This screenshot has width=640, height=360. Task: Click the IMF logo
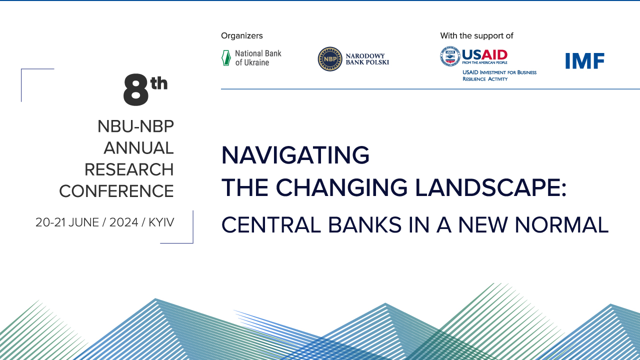[x=585, y=61]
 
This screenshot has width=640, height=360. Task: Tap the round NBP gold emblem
[x=330, y=59]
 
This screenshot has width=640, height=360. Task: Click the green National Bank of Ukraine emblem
[x=226, y=58]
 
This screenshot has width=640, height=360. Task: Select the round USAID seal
[x=450, y=56]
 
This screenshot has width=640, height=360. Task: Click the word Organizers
[x=241, y=35]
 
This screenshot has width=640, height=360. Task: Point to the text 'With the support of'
[x=476, y=35]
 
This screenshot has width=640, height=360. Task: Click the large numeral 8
[x=136, y=89]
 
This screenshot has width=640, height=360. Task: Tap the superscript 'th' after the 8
[x=159, y=83]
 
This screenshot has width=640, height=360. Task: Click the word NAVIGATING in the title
[x=295, y=155]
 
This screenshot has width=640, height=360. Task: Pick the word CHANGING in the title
[x=341, y=187]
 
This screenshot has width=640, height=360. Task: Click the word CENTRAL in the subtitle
[x=271, y=225]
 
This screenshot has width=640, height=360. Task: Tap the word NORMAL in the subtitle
[x=561, y=225]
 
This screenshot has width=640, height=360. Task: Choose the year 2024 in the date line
[x=123, y=222]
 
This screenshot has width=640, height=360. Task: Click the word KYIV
[x=161, y=222]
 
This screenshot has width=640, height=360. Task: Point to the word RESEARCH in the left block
[x=129, y=169]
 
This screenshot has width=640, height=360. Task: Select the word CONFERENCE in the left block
[x=116, y=191]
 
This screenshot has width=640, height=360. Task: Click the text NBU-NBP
[x=135, y=126]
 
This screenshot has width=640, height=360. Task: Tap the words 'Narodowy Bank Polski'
[x=367, y=59]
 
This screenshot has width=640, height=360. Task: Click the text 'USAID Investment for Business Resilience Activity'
[x=499, y=75]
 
